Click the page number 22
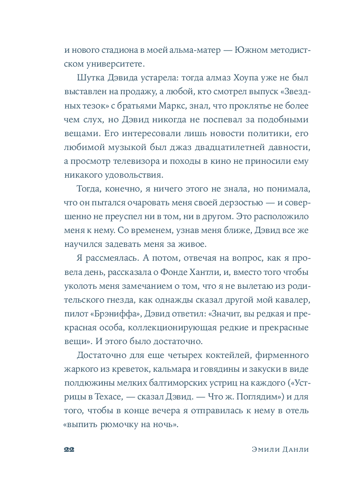click(69, 450)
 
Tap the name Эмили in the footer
click(265, 450)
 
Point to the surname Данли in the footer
click(296, 450)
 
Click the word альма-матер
click(196, 50)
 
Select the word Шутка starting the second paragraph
click(89, 79)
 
